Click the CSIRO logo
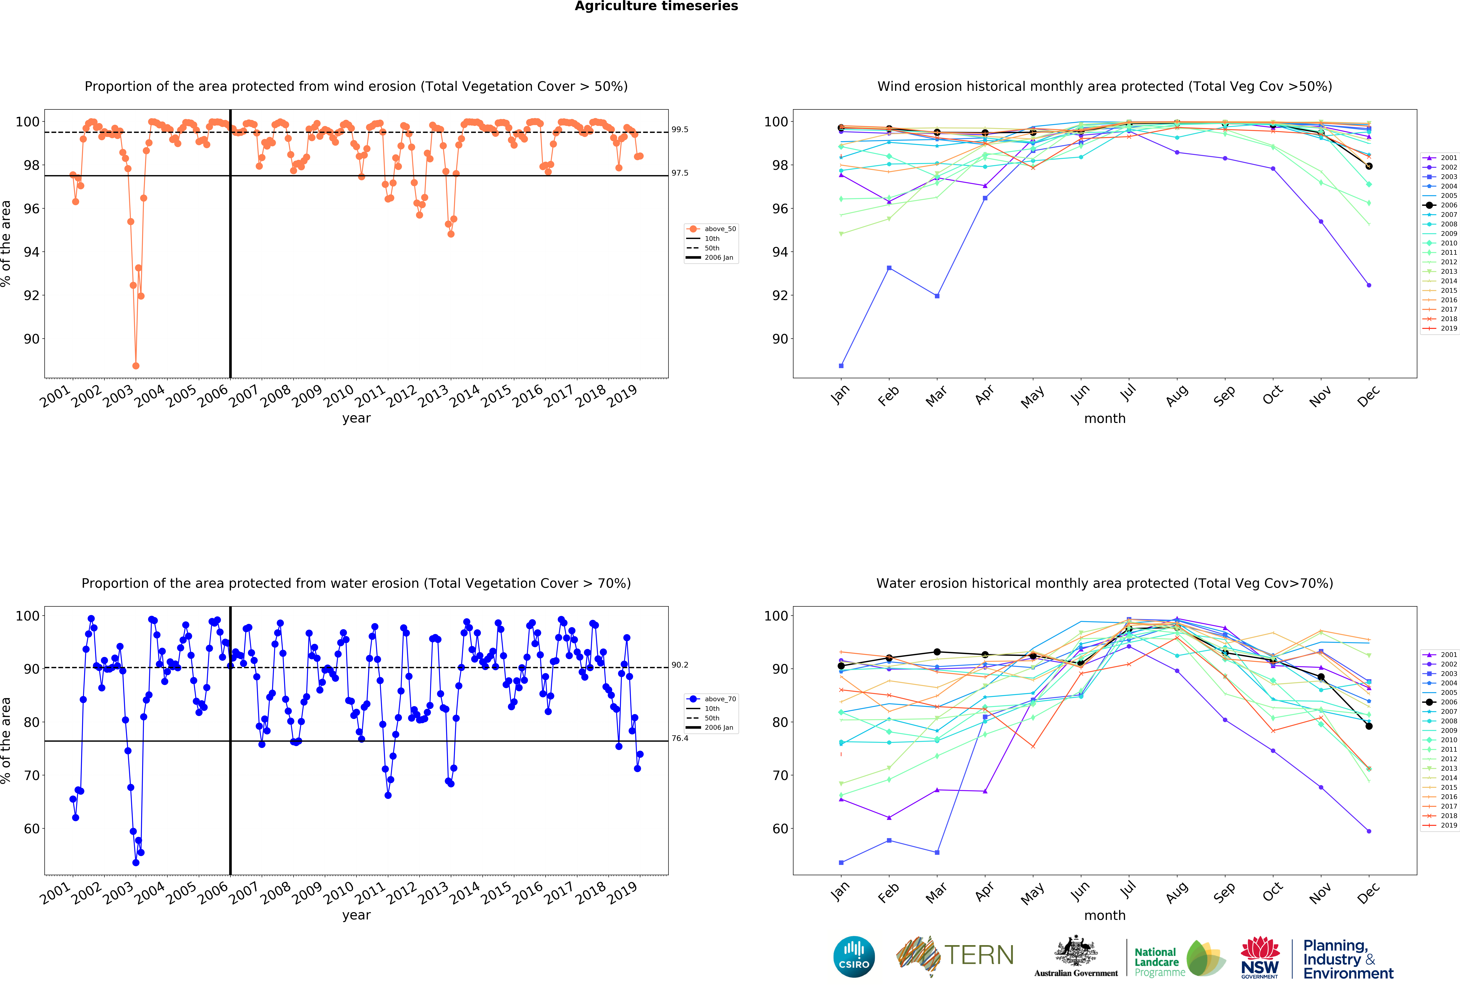(x=854, y=957)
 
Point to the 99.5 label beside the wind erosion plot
(x=680, y=129)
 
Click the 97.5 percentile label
(x=680, y=173)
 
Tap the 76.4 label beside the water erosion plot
(x=680, y=738)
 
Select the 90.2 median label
(x=680, y=665)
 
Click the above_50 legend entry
(x=712, y=229)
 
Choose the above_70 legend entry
(x=712, y=699)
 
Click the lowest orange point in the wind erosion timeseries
(x=136, y=366)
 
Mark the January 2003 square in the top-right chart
(x=841, y=366)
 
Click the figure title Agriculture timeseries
(x=657, y=6)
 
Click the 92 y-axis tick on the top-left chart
(x=31, y=295)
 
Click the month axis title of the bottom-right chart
(x=1104, y=915)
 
